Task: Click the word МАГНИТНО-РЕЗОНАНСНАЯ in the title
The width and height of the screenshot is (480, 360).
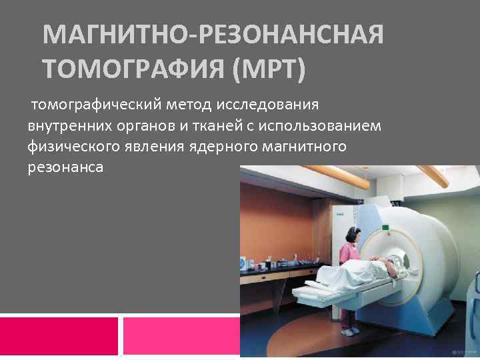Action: (213, 35)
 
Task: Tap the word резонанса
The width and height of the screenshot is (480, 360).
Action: (65, 167)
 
